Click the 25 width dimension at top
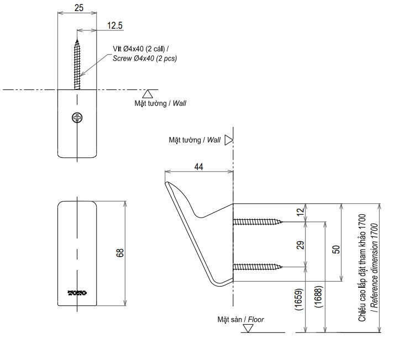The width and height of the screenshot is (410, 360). point(78,8)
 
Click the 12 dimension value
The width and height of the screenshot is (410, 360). point(300,213)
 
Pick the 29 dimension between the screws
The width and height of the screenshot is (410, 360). point(300,245)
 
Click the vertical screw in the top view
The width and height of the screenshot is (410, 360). point(78,61)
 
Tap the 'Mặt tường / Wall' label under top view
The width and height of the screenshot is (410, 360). point(160,103)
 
